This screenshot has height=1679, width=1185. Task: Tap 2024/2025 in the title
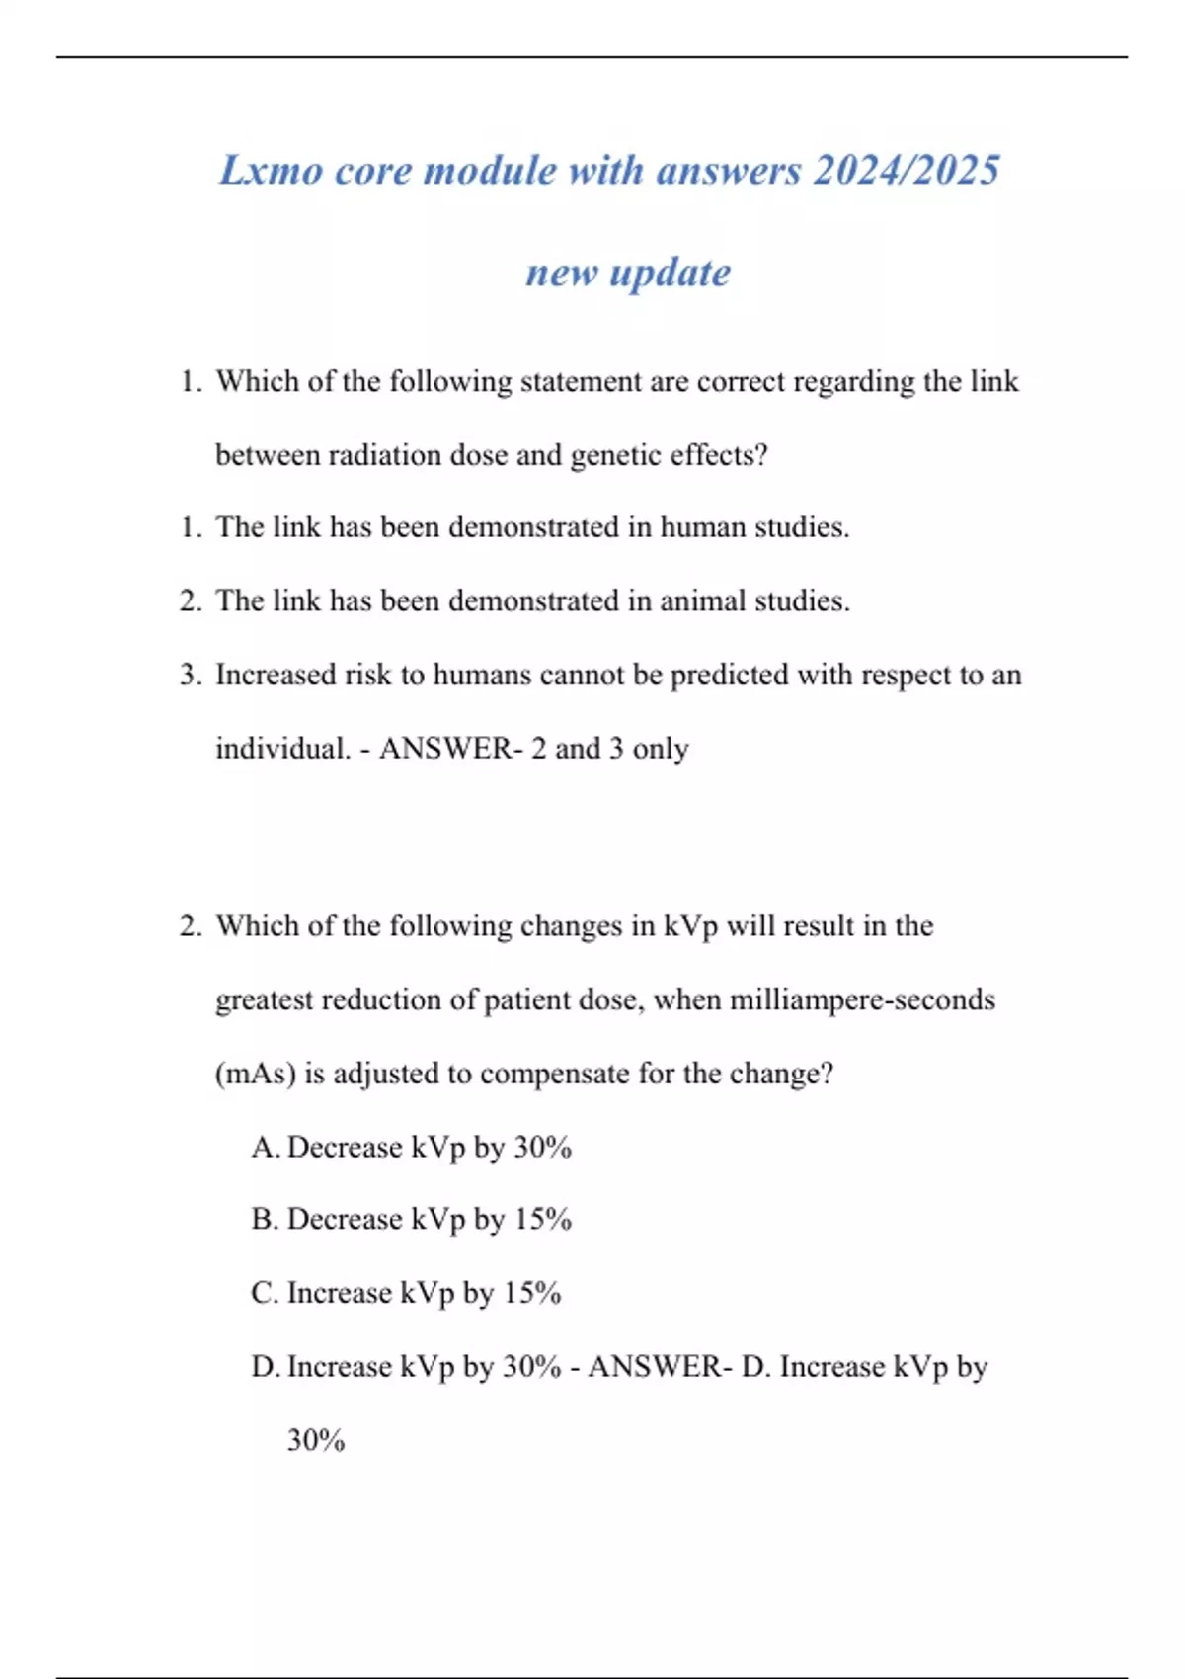click(906, 170)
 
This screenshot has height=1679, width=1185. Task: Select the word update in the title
click(671, 273)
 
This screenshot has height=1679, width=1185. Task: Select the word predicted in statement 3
click(729, 676)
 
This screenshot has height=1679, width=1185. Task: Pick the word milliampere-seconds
click(862, 999)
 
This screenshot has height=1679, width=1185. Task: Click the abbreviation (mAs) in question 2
click(255, 1074)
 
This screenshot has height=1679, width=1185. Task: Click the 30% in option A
click(542, 1148)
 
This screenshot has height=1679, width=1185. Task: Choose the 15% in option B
click(542, 1220)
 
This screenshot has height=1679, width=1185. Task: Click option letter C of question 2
click(264, 1293)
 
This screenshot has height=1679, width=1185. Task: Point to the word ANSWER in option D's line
click(659, 1367)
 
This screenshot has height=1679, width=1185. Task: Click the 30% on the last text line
click(316, 1441)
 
